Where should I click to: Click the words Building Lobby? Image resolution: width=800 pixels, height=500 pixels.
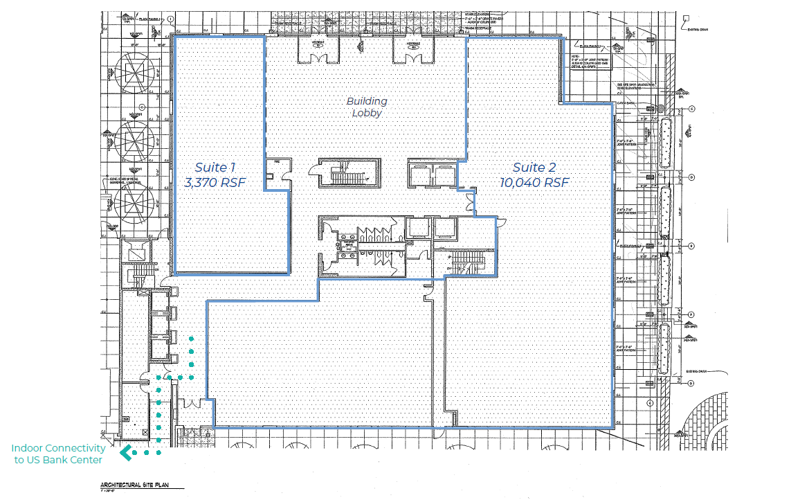367,107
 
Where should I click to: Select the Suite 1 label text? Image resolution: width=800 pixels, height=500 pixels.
215,168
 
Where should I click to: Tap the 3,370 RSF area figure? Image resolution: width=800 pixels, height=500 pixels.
215,183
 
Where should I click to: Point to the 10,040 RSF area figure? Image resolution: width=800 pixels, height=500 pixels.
534,183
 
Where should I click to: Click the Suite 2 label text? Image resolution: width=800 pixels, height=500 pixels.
534,168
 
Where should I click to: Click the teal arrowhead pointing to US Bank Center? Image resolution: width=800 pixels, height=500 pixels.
126,454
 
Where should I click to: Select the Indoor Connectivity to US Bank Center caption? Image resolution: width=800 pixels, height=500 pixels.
58,454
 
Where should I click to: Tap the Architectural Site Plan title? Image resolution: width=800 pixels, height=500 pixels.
134,486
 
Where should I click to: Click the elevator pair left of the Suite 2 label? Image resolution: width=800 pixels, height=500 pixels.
432,173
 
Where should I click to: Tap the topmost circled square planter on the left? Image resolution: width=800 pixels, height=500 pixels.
136,73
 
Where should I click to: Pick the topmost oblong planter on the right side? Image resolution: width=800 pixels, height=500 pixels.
666,143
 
